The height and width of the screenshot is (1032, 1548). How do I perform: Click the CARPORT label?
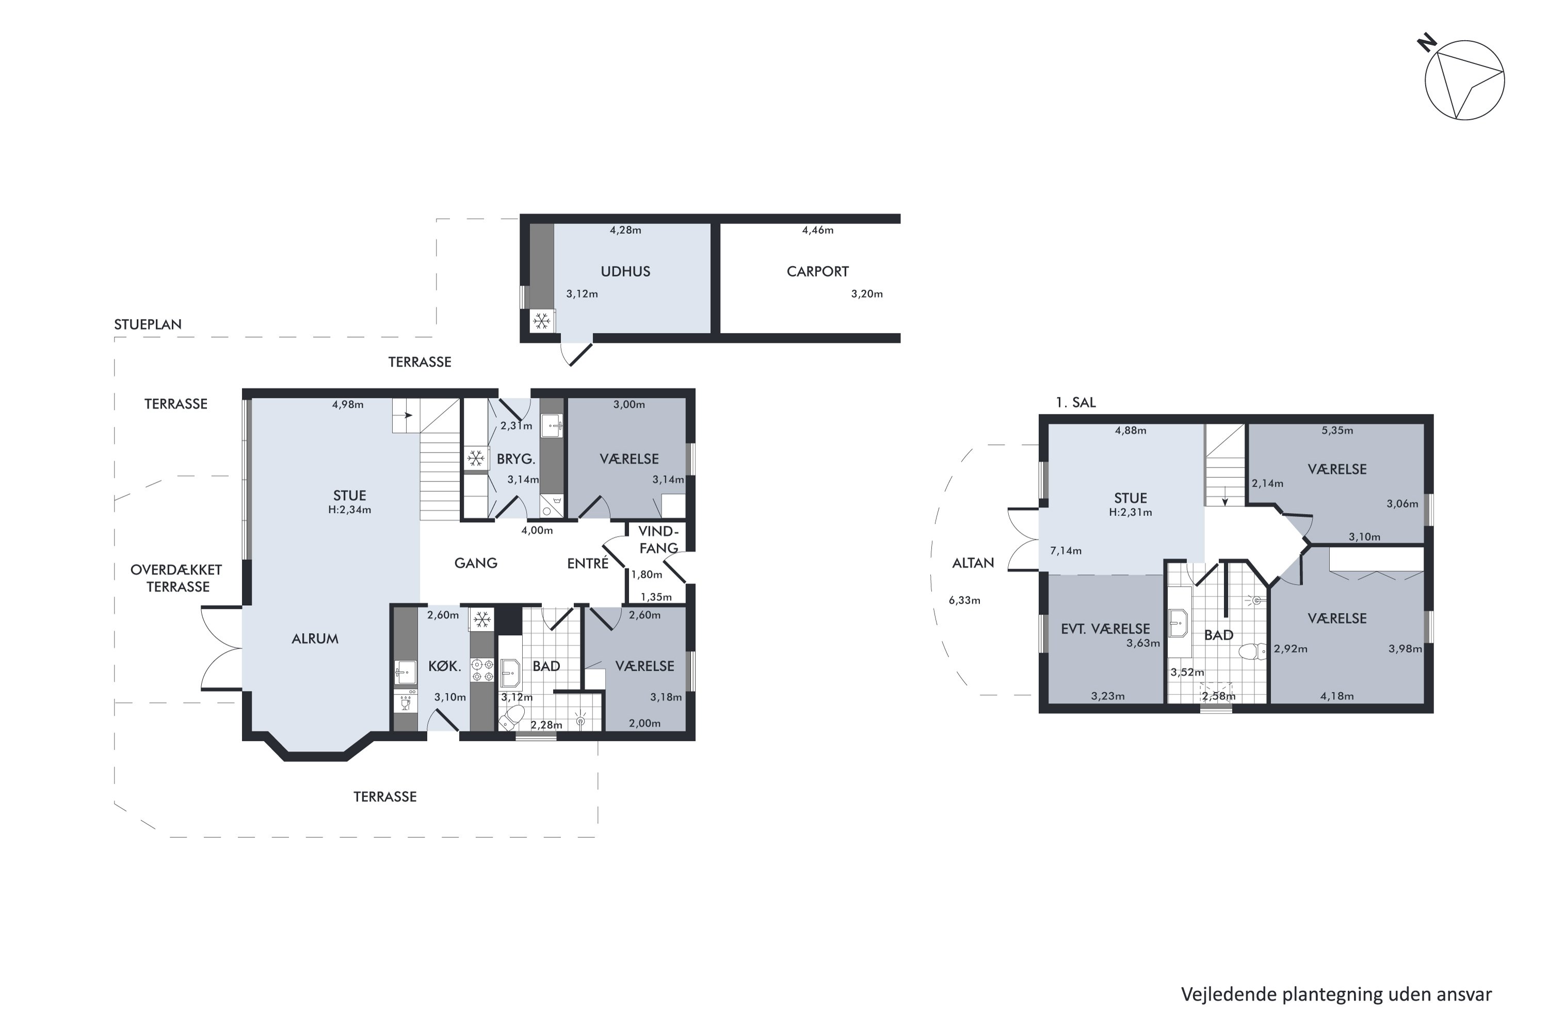pyautogui.click(x=817, y=271)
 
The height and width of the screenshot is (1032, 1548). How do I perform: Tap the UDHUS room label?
pyautogui.click(x=625, y=271)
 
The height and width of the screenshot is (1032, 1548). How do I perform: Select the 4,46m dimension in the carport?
pyautogui.click(x=817, y=230)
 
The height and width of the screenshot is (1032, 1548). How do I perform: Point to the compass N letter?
pyautogui.click(x=1427, y=43)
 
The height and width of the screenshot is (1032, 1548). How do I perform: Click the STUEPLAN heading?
pyautogui.click(x=148, y=324)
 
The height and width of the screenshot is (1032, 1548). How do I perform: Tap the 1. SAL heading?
pyautogui.click(x=1075, y=402)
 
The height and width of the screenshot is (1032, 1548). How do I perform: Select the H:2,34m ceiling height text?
pyautogui.click(x=349, y=509)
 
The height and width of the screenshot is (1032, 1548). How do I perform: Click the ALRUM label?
pyautogui.click(x=315, y=638)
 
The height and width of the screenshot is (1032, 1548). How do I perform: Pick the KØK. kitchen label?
pyautogui.click(x=444, y=666)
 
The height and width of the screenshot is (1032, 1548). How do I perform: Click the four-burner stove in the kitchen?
pyautogui.click(x=482, y=670)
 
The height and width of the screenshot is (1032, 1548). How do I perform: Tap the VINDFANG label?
pyautogui.click(x=658, y=540)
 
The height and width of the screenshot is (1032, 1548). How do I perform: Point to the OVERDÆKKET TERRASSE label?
pyautogui.click(x=176, y=578)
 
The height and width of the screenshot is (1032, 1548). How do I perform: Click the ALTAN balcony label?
pyautogui.click(x=973, y=563)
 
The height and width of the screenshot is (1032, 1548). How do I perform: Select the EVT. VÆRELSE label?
pyautogui.click(x=1105, y=628)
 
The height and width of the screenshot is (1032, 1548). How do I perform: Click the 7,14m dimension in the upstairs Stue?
pyautogui.click(x=1066, y=551)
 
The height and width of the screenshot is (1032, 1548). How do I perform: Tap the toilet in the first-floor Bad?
pyautogui.click(x=1252, y=652)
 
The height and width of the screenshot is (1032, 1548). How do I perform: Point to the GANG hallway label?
pyautogui.click(x=475, y=563)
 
